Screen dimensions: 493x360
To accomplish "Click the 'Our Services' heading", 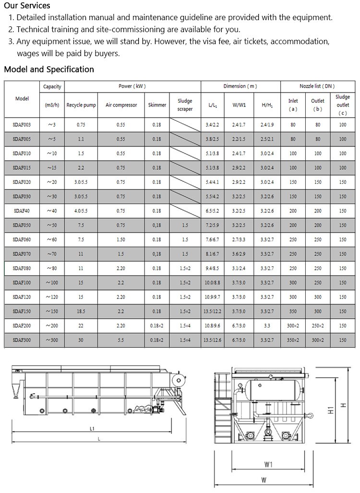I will pos(27,6).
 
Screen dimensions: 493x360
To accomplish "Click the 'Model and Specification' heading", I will pos(49,69).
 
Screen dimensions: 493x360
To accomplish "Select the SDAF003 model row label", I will pos(22,125).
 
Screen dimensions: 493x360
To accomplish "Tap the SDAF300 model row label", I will pos(22,340).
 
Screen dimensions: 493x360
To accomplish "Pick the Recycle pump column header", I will pos(81,105).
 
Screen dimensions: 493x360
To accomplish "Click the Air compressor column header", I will pos(121,105).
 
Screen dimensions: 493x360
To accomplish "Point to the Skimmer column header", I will pos(157,105).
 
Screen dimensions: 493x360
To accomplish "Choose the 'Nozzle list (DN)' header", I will pos(317,86).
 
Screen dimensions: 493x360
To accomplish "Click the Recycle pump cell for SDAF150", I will pos(81,311).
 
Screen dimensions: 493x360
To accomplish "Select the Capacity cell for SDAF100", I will pos(52,282).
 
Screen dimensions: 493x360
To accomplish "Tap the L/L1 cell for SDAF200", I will pos(212,325).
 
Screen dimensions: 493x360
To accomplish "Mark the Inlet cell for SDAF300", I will pos(293,340).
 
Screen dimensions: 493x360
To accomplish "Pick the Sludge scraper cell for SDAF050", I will pos(185,225).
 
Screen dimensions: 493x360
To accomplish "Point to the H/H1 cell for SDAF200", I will pos(267,325).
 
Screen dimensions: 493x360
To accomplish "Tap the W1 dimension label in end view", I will pos(268,464).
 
